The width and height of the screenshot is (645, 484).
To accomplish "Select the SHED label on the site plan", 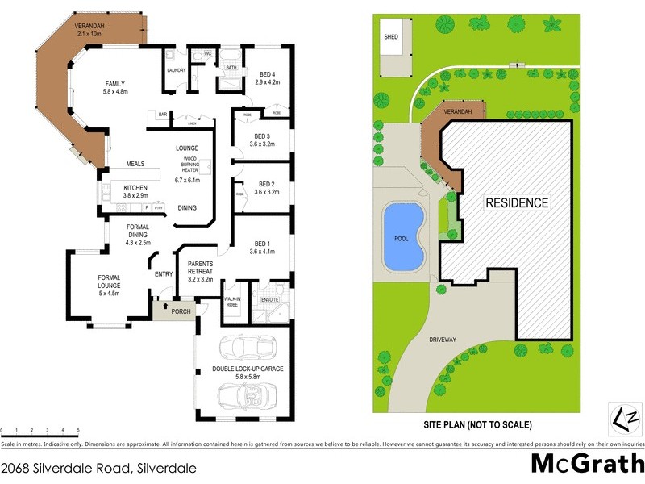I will coord(391,37).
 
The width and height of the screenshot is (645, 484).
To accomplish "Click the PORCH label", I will coord(180,310).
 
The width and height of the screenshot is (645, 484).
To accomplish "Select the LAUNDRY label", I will coord(177,70).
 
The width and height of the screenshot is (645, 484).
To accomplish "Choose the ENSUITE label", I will coord(269,300).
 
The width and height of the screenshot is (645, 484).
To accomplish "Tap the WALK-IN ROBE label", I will coord(234,302).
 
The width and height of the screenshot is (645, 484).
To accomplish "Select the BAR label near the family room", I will coord(162,115).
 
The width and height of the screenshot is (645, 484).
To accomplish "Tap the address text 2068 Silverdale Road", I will coord(98,467).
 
